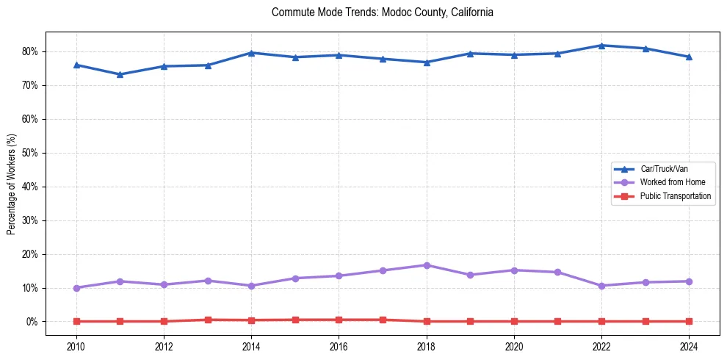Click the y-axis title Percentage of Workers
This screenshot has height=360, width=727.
pos(11,184)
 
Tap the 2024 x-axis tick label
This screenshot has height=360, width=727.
pos(689,346)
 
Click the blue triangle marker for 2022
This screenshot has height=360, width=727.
pos(601,46)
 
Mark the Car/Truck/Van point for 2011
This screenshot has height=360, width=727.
pos(120,74)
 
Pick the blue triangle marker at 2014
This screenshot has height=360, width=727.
pos(251,53)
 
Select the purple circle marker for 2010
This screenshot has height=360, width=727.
pos(76,288)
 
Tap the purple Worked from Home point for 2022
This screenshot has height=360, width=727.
pos(601,286)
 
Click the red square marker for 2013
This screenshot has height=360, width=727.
pos(208,320)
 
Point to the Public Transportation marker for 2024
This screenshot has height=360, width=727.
pos(689,321)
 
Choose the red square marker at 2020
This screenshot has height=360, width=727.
pos(514,321)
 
